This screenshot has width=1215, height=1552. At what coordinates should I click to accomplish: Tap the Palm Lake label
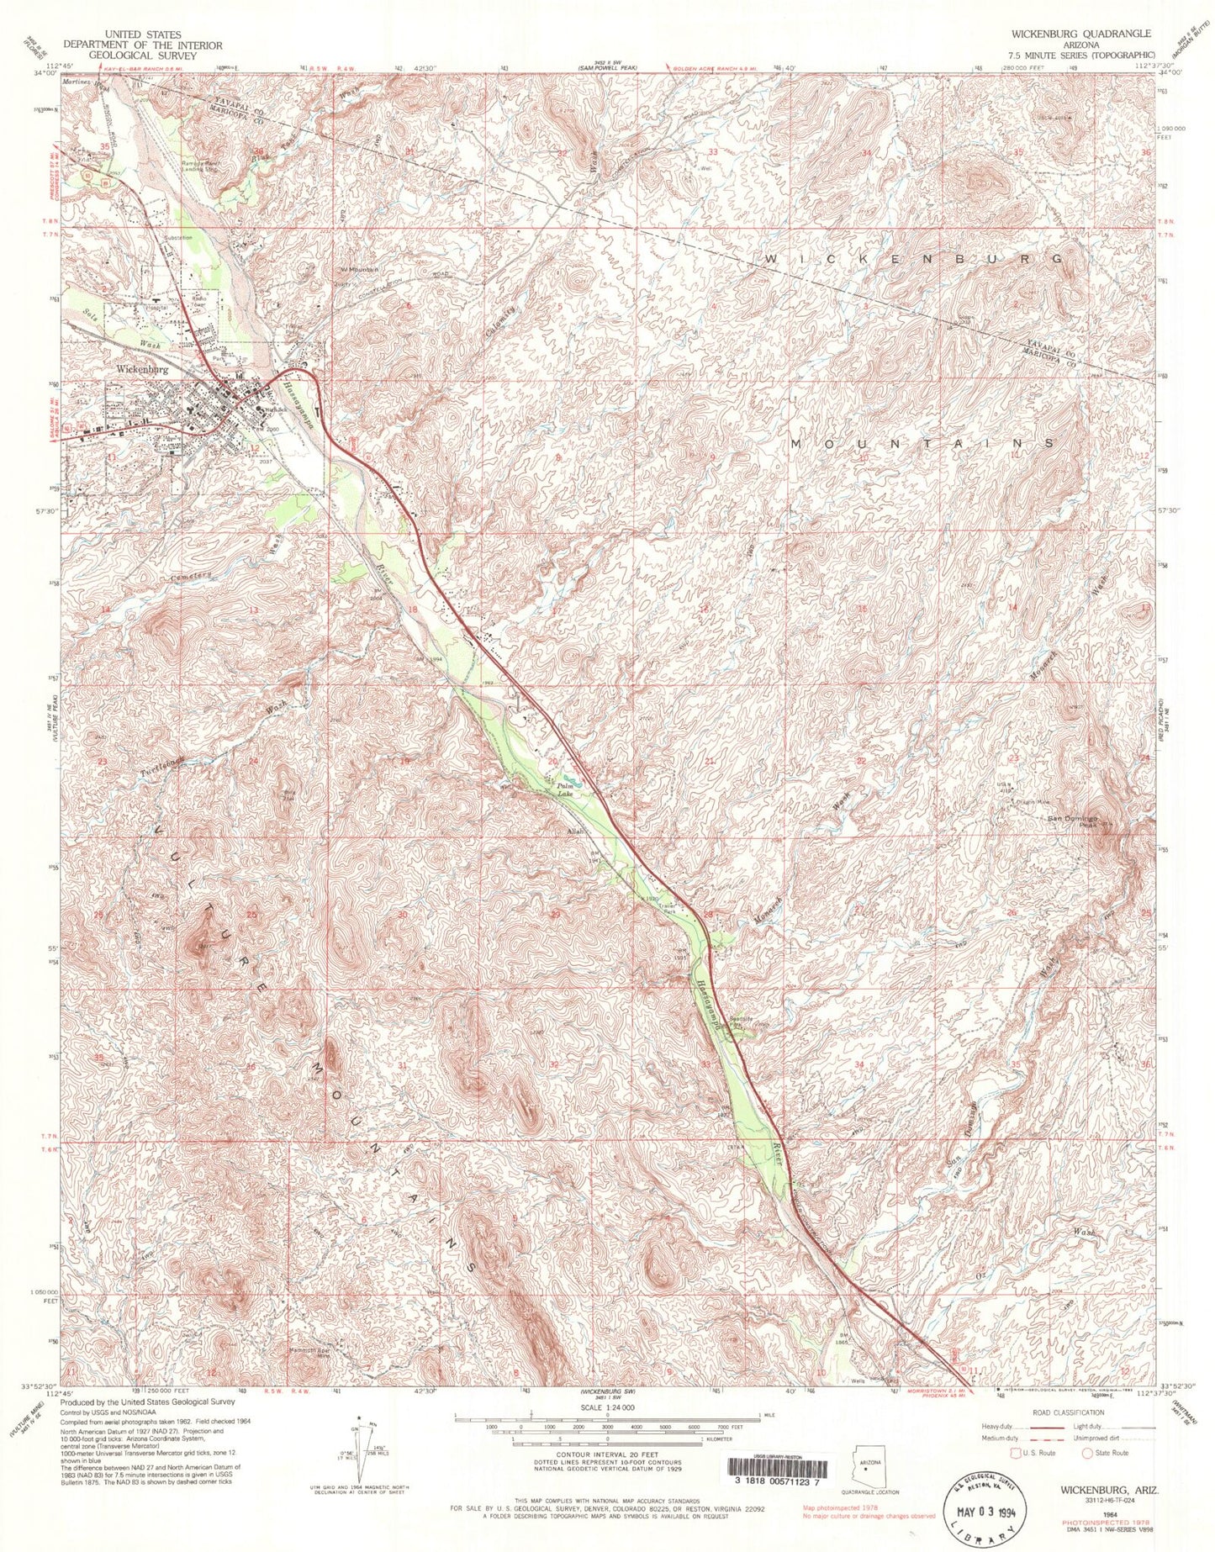[567, 790]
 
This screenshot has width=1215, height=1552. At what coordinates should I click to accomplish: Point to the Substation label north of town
[177, 238]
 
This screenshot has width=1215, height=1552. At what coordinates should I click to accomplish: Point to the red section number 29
[555, 913]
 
